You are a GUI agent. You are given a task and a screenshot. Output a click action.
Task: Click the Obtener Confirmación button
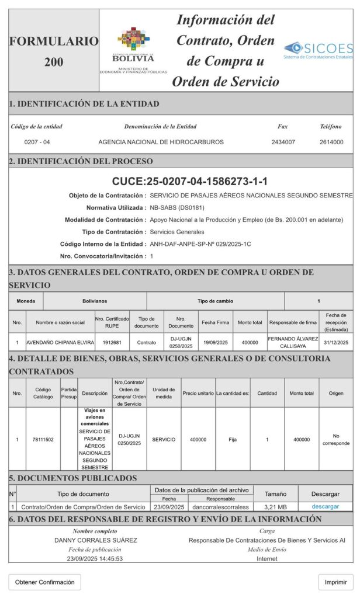(x=45, y=582)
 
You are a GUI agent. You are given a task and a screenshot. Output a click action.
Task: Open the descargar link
(x=325, y=506)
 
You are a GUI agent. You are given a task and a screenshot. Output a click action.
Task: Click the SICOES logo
(x=318, y=50)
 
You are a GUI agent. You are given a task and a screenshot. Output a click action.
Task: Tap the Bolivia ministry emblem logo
(x=133, y=50)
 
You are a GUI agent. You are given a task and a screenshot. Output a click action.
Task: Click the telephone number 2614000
(x=331, y=142)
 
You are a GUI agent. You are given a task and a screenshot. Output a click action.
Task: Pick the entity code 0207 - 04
(x=37, y=142)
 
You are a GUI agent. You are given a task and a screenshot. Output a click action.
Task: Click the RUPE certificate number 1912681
(x=112, y=342)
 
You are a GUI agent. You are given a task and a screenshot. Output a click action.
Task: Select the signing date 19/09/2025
(x=216, y=342)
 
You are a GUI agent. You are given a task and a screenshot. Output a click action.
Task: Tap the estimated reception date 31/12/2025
(x=336, y=342)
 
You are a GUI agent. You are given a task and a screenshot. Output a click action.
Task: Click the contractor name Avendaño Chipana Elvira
(x=60, y=342)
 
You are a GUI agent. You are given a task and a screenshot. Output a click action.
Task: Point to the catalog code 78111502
(x=43, y=439)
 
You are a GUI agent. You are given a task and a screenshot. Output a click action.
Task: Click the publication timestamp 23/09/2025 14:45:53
(x=95, y=558)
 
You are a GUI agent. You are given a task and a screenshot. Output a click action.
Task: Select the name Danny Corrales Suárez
(x=95, y=540)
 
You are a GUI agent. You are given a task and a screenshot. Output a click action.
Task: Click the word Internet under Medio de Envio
(x=267, y=558)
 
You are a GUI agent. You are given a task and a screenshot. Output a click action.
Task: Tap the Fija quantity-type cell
(x=233, y=439)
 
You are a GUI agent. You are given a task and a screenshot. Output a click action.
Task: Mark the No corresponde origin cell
(x=336, y=439)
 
